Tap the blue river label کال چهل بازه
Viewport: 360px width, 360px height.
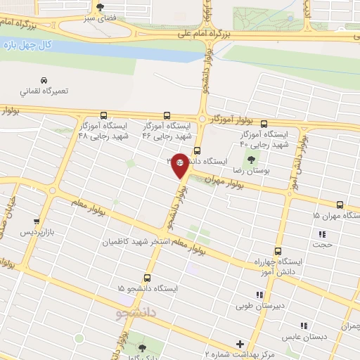27,46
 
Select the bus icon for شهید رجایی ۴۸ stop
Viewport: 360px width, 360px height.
104,115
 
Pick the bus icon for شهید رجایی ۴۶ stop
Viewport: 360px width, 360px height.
167,115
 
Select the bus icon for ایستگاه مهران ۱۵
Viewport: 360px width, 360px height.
340,203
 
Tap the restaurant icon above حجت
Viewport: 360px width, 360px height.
323,234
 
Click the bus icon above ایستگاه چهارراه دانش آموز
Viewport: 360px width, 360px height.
278,250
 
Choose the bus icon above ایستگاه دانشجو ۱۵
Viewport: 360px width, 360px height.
148,278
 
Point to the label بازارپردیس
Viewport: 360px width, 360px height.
37,231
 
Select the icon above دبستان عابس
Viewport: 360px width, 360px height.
304,326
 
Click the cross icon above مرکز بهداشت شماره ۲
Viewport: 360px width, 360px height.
240,344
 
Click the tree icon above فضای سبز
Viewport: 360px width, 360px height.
101,6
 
